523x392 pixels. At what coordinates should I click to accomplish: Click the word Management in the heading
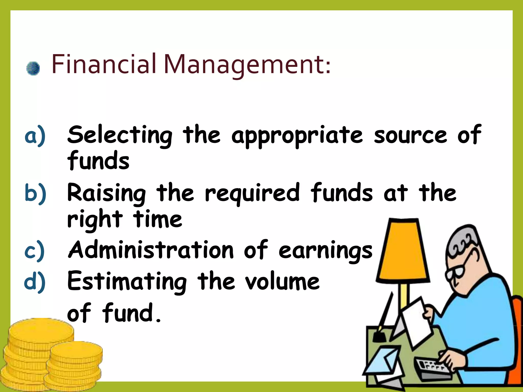(x=246, y=65)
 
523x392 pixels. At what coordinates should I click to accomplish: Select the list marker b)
(x=35, y=193)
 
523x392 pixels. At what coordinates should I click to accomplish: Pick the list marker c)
(x=35, y=251)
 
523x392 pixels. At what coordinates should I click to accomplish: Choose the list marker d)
(x=35, y=282)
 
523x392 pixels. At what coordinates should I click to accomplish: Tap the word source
(x=410, y=135)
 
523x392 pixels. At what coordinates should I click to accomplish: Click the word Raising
(x=107, y=193)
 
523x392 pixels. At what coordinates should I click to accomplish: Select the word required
(x=252, y=193)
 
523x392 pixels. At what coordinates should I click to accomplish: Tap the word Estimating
(x=127, y=282)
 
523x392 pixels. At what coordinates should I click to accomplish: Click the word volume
(x=282, y=282)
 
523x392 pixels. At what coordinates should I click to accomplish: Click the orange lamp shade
(x=403, y=250)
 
